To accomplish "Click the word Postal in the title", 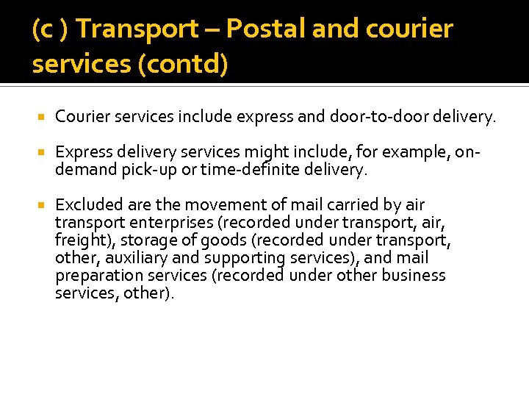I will coord(266,29).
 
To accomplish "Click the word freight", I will coord(79,240).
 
